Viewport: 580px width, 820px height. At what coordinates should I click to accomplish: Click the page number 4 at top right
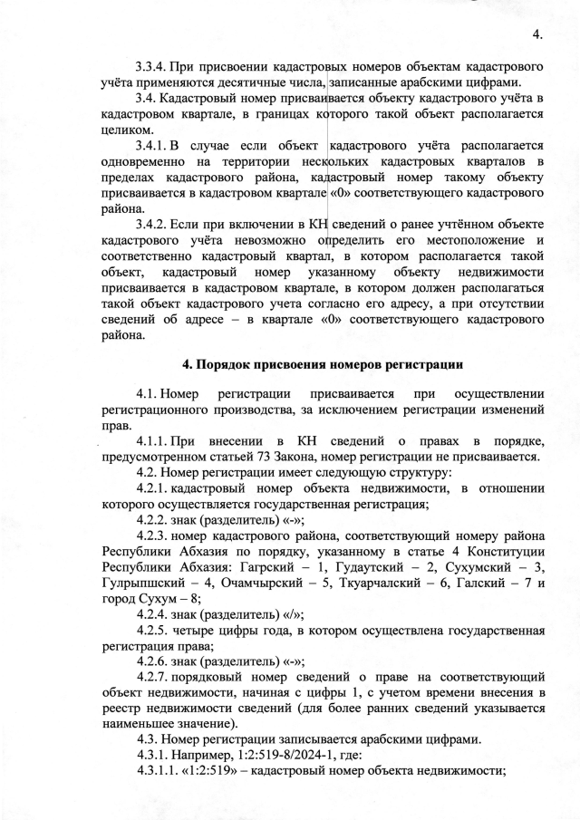pyautogui.click(x=536, y=34)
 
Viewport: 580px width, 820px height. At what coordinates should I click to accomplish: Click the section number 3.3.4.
pyautogui.click(x=153, y=67)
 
